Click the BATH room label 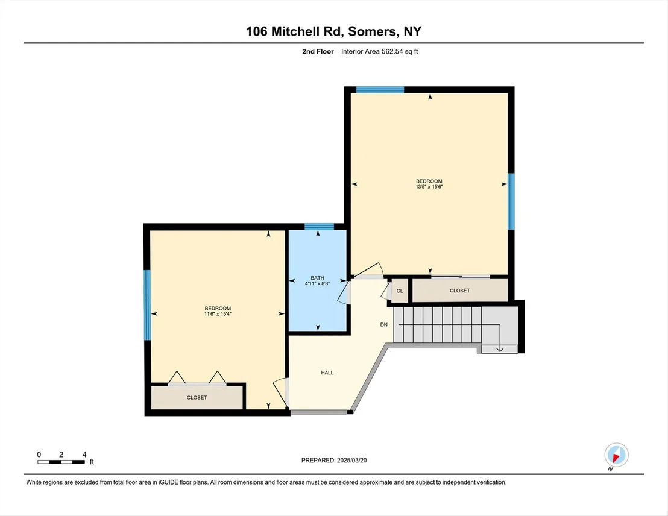click(317, 278)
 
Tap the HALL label click(327, 373)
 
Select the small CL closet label click(400, 291)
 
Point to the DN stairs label click(384, 325)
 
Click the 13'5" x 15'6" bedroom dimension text click(429, 187)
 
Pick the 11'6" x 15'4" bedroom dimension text click(218, 314)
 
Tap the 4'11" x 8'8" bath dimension click(317, 283)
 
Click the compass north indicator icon click(616, 455)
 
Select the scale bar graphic click(61, 462)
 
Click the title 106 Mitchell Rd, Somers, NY click(333, 31)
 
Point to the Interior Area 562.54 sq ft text click(380, 52)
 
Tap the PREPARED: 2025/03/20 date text click(334, 460)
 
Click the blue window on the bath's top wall click(319, 227)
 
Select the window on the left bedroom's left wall click(147, 305)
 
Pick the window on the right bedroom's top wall click(380, 89)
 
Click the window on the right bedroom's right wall click(511, 201)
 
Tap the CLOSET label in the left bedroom click(197, 397)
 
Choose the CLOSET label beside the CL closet click(459, 291)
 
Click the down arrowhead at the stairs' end click(500, 349)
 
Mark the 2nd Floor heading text click(318, 52)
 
